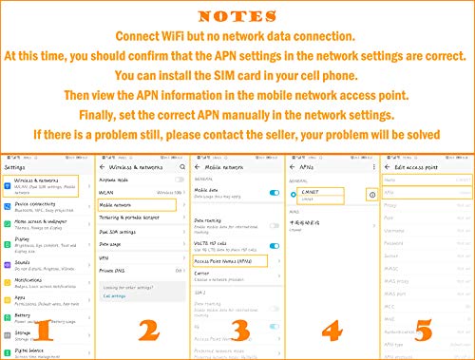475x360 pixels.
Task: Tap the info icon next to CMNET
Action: (370, 194)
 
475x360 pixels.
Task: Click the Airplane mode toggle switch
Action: (179, 180)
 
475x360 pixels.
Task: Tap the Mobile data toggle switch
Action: (272, 190)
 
